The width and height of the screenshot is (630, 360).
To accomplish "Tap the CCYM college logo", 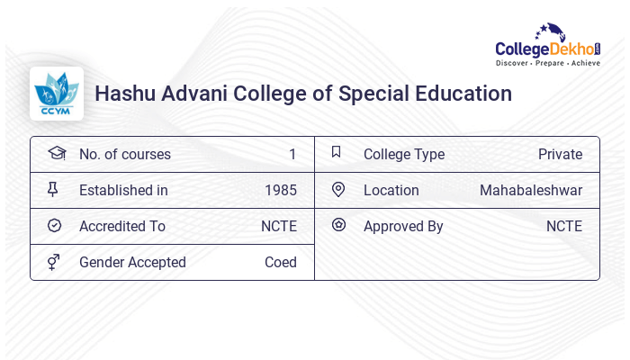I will pos(57,94).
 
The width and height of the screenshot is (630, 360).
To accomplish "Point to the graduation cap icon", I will pos(55,153).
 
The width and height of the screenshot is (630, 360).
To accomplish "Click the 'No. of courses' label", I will pos(124,155).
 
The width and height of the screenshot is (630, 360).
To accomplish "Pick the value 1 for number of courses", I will pos(292,155).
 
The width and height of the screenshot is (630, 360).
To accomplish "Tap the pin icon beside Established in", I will pos(53,190).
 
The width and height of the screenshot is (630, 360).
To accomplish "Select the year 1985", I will pos(281,191).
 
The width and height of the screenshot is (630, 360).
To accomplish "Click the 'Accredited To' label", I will pos(121,227).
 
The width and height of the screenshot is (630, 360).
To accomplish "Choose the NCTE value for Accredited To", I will pos(279,227).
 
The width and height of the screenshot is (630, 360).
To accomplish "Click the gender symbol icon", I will pos(53,262).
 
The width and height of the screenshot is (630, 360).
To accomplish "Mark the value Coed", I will pos(281,263).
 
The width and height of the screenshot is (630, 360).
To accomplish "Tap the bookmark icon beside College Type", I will pos(337,153).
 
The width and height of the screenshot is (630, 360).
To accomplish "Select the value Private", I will pos(560,155).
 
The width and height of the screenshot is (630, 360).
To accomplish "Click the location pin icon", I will pos(338,190).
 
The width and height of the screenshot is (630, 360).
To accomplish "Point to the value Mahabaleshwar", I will pos(531,191).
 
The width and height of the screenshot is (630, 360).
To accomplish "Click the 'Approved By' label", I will pos(403,227).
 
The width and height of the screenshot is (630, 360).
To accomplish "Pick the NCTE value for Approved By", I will pos(564,227).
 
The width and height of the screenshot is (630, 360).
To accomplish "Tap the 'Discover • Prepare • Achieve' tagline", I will pos(548,64).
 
